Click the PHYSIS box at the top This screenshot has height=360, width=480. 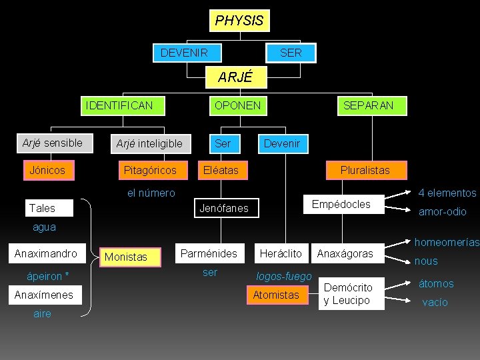[x=239, y=21]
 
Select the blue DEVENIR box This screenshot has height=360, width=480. [x=184, y=53]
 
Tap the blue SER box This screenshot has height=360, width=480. [x=291, y=53]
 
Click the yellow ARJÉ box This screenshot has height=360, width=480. [x=235, y=77]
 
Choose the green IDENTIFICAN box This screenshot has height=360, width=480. [x=119, y=105]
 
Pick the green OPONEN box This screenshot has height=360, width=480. [x=237, y=105]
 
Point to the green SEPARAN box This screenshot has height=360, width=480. [x=368, y=105]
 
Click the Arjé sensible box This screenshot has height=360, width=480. [x=53, y=143]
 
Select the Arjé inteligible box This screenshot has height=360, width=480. [x=149, y=143]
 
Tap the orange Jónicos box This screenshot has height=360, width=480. [x=47, y=170]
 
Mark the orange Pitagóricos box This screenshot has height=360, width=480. [x=150, y=170]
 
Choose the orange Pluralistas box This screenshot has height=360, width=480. [x=365, y=170]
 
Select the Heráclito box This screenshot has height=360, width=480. [x=281, y=253]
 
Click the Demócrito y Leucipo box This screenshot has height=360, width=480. [x=347, y=294]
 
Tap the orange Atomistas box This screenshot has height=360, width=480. [x=276, y=295]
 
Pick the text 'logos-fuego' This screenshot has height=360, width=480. [x=284, y=276]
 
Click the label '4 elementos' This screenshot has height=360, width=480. [x=447, y=193]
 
